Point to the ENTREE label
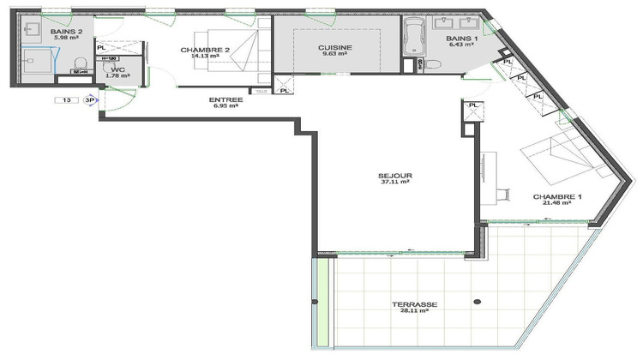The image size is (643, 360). pyautogui.click(x=226, y=99)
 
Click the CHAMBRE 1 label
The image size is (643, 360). pyautogui.click(x=557, y=197)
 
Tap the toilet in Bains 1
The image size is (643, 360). pyautogui.click(x=433, y=63)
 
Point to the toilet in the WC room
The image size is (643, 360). pyautogui.click(x=81, y=64)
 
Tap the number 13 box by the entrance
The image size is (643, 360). pyautogui.click(x=66, y=100)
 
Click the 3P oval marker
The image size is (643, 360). pyautogui.click(x=88, y=100)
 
